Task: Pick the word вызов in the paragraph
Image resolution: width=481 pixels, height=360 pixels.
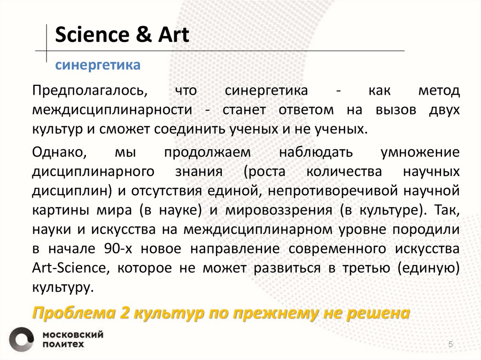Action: tap(395, 110)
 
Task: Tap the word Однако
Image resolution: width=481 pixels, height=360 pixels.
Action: tap(59, 153)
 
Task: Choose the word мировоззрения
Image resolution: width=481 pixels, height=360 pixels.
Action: tap(279, 210)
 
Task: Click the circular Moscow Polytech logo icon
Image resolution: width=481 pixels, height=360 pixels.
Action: tap(22, 339)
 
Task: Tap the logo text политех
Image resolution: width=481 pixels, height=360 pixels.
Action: tap(64, 344)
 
